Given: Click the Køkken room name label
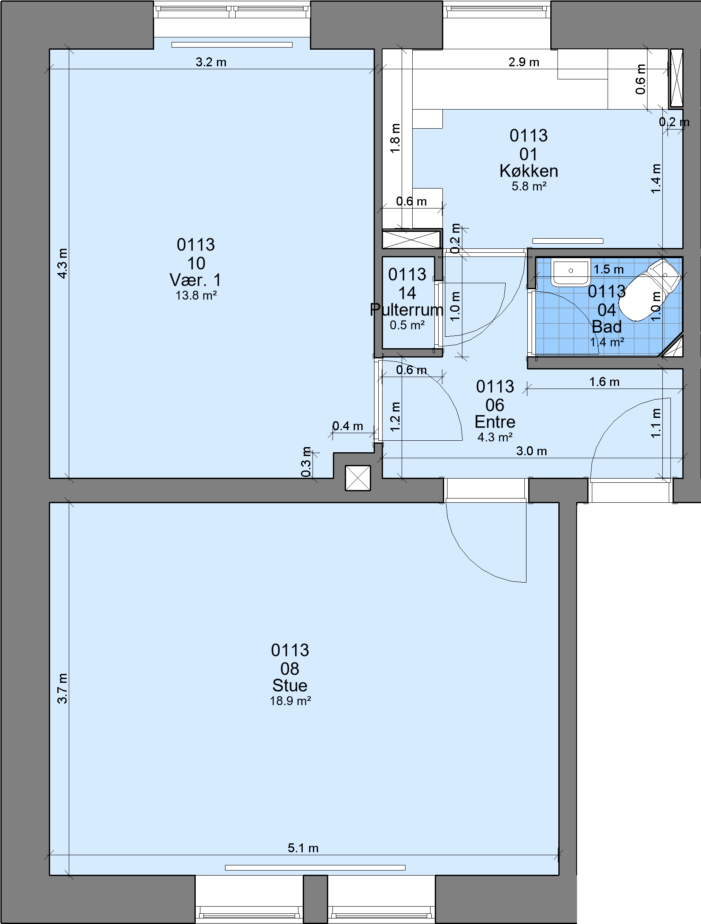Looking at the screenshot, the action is click(x=529, y=171).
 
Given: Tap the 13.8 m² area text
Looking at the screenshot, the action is click(x=196, y=296).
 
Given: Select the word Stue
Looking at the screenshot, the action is click(x=290, y=685).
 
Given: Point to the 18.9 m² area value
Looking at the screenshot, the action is click(x=290, y=701).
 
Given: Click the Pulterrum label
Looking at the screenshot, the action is click(x=406, y=310).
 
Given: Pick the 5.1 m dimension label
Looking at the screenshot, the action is click(x=303, y=848).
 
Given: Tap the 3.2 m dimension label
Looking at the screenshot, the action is click(x=211, y=62).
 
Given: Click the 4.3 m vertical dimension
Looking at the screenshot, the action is click(x=62, y=263).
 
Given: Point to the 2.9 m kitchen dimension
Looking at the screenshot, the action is click(x=524, y=62).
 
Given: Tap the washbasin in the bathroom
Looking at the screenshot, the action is click(x=571, y=273).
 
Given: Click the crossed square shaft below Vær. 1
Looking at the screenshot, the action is click(x=358, y=478).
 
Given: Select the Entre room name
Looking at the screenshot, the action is click(x=495, y=422).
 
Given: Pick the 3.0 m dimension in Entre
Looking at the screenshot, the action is click(x=532, y=451).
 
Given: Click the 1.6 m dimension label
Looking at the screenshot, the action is click(x=605, y=382).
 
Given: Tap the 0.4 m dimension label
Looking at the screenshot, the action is click(x=348, y=426).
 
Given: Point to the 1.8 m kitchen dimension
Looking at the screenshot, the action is click(x=395, y=138).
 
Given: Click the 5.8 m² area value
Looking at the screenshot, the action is click(x=529, y=186).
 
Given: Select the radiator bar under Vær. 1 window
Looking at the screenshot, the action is click(x=232, y=45).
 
